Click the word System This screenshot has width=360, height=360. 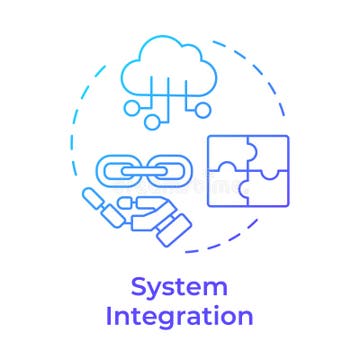click(x=180, y=289)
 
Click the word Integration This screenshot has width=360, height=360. click(x=180, y=318)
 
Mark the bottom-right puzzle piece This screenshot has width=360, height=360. click(x=266, y=191)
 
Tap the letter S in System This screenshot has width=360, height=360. click(x=141, y=289)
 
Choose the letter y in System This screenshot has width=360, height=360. click(x=158, y=292)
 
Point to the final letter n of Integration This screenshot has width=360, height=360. click(x=244, y=319)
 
